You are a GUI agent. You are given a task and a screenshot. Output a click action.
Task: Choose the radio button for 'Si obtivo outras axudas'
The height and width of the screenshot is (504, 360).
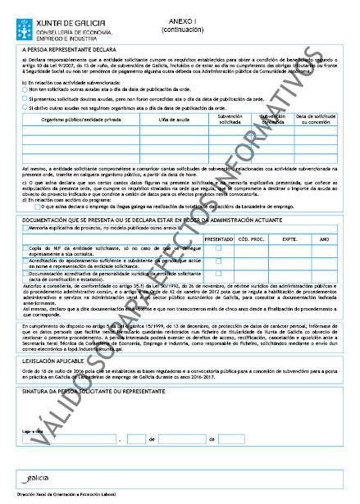[x=25, y=107]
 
